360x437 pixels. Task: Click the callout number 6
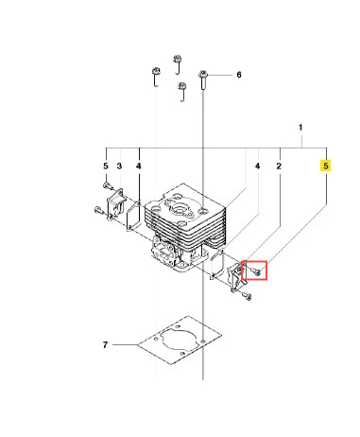click(239, 75)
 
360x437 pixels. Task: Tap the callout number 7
click(105, 345)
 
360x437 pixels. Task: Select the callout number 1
click(300, 128)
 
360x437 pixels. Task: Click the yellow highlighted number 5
click(326, 166)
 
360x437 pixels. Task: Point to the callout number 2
click(279, 166)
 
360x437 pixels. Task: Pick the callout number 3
click(119, 166)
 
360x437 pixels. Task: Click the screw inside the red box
click(256, 271)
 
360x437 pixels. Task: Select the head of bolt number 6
click(203, 75)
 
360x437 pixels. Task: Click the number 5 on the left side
click(106, 166)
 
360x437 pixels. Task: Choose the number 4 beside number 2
click(258, 166)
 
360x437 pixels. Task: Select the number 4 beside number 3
click(139, 166)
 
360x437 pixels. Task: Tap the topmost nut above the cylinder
click(178, 59)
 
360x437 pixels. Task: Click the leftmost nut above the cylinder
click(156, 71)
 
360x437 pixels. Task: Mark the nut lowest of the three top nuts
click(182, 86)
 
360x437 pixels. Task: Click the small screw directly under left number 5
click(108, 185)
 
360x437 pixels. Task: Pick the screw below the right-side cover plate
click(247, 296)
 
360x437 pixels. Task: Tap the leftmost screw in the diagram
click(99, 209)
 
